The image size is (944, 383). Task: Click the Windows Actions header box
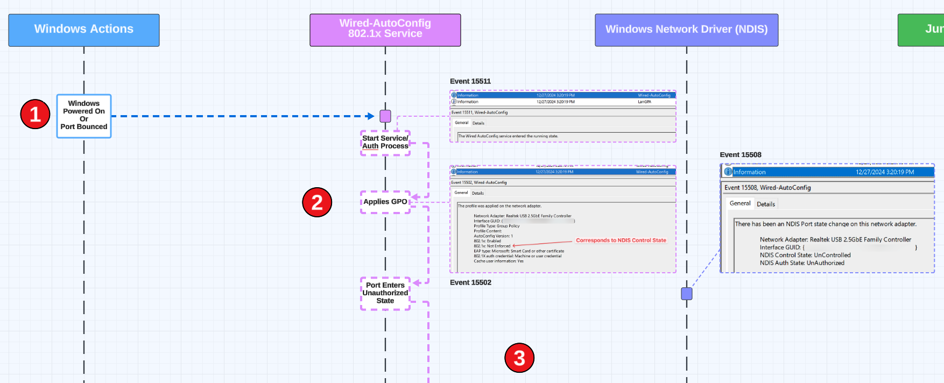click(x=83, y=30)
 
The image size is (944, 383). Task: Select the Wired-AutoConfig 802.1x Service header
click(x=385, y=30)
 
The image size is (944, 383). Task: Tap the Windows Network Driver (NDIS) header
click(x=686, y=30)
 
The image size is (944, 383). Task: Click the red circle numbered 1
click(x=36, y=114)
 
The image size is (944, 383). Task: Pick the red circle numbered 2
click(x=317, y=202)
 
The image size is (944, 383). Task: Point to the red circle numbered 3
click(x=519, y=358)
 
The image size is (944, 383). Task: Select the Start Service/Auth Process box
click(x=385, y=143)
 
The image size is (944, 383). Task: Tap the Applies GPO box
click(x=385, y=202)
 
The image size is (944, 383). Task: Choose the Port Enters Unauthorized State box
click(x=385, y=293)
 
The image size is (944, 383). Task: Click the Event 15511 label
click(x=470, y=81)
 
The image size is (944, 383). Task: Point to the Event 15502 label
click(x=470, y=282)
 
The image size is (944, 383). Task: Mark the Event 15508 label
click(x=741, y=155)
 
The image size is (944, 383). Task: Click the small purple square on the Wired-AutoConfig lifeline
click(x=385, y=116)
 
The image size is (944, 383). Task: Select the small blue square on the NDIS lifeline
click(x=687, y=294)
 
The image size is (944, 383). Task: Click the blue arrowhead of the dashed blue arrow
click(x=370, y=116)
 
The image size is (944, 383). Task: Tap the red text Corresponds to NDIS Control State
click(x=621, y=240)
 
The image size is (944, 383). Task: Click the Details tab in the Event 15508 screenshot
click(x=766, y=204)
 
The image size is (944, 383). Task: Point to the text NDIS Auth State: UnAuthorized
click(x=802, y=263)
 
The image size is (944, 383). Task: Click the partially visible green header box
click(x=921, y=30)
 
